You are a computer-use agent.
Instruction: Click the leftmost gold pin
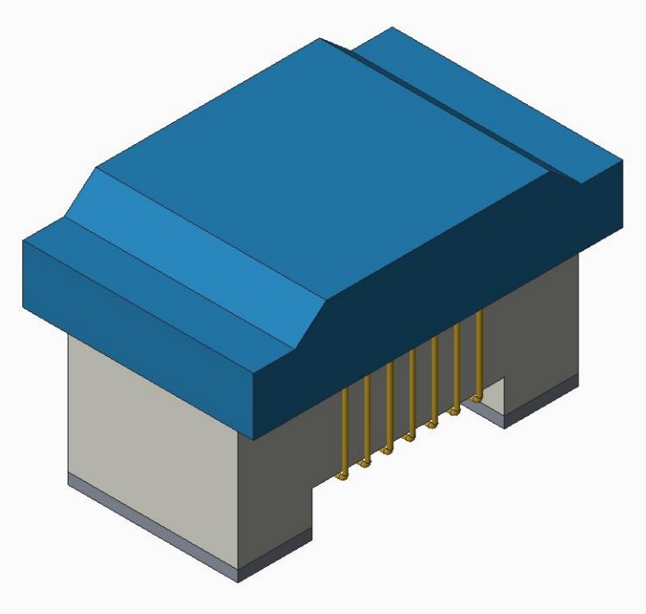[343, 436]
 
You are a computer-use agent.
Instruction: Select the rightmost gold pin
[480, 351]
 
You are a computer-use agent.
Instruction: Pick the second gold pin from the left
[367, 422]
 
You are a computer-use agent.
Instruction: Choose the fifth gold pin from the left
[435, 380]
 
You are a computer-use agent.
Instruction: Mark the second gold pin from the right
[458, 366]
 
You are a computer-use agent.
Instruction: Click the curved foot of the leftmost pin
[340, 477]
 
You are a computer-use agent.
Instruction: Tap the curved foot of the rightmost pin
[478, 394]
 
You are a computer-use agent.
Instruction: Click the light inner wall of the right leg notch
[495, 396]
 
